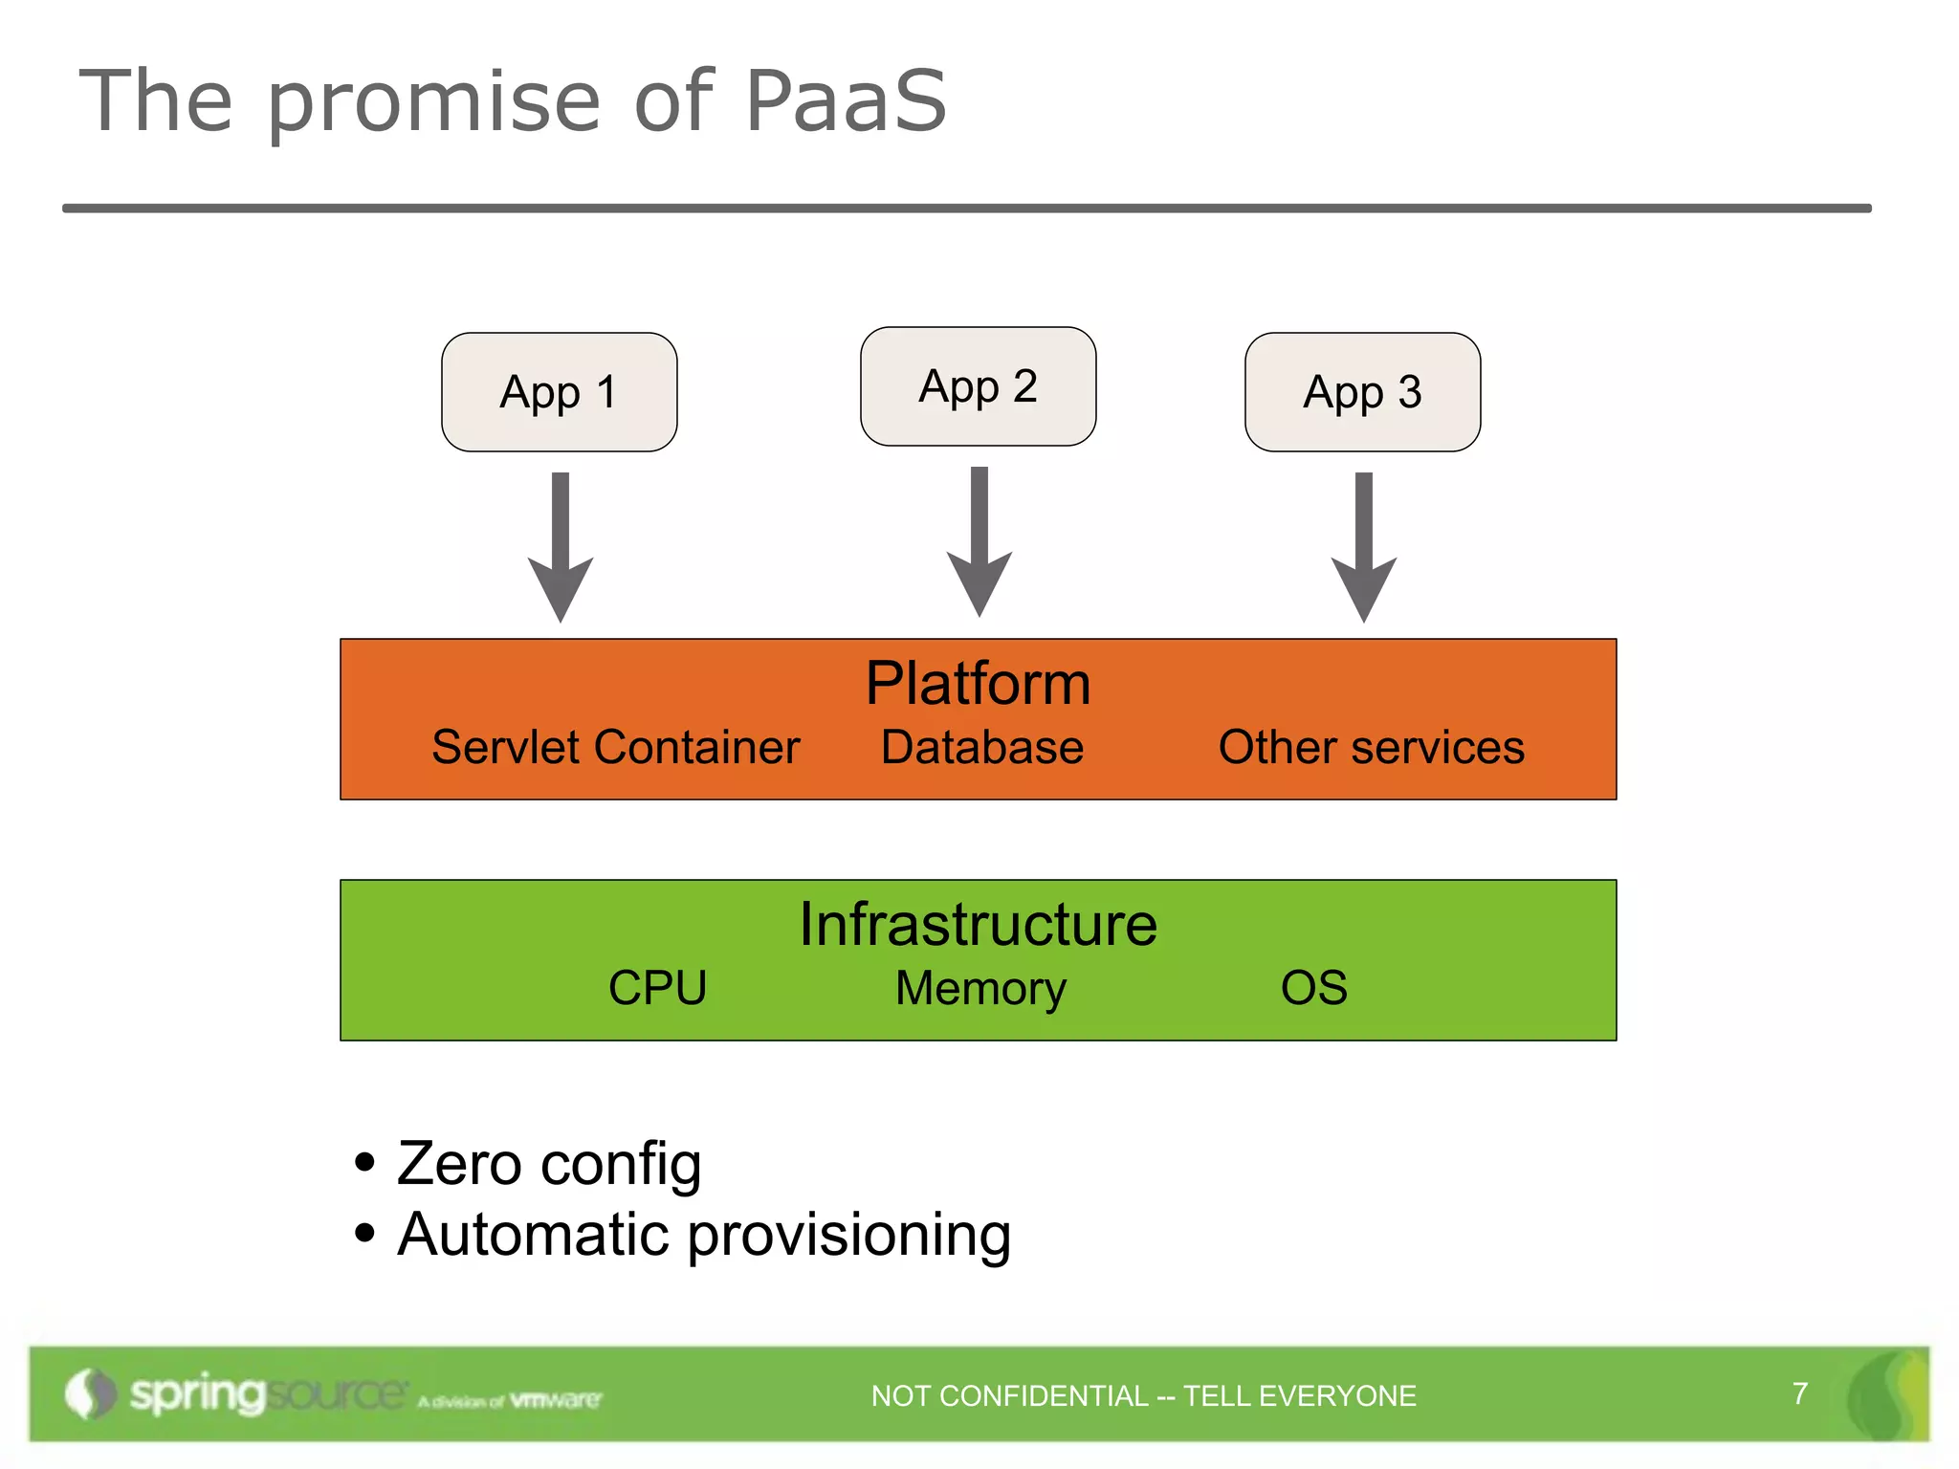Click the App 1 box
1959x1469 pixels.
(559, 392)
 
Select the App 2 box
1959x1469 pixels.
(978, 386)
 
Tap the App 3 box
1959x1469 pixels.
(1362, 392)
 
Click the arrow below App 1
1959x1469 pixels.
(561, 545)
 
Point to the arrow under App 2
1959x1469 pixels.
(979, 540)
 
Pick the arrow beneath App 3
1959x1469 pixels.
(1364, 545)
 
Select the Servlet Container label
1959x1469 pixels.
(615, 747)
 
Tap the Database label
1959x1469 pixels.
(981, 747)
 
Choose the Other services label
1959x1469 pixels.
(1371, 747)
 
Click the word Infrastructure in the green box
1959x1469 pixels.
(978, 924)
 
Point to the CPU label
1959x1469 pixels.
(657, 987)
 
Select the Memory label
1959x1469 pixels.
(980, 988)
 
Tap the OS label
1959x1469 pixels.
(1313, 987)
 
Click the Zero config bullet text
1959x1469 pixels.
(548, 1164)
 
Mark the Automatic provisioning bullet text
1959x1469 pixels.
(703, 1235)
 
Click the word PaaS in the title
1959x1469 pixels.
(845, 100)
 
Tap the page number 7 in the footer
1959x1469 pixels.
(1799, 1392)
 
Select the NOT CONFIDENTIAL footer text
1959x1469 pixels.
(1143, 1395)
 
